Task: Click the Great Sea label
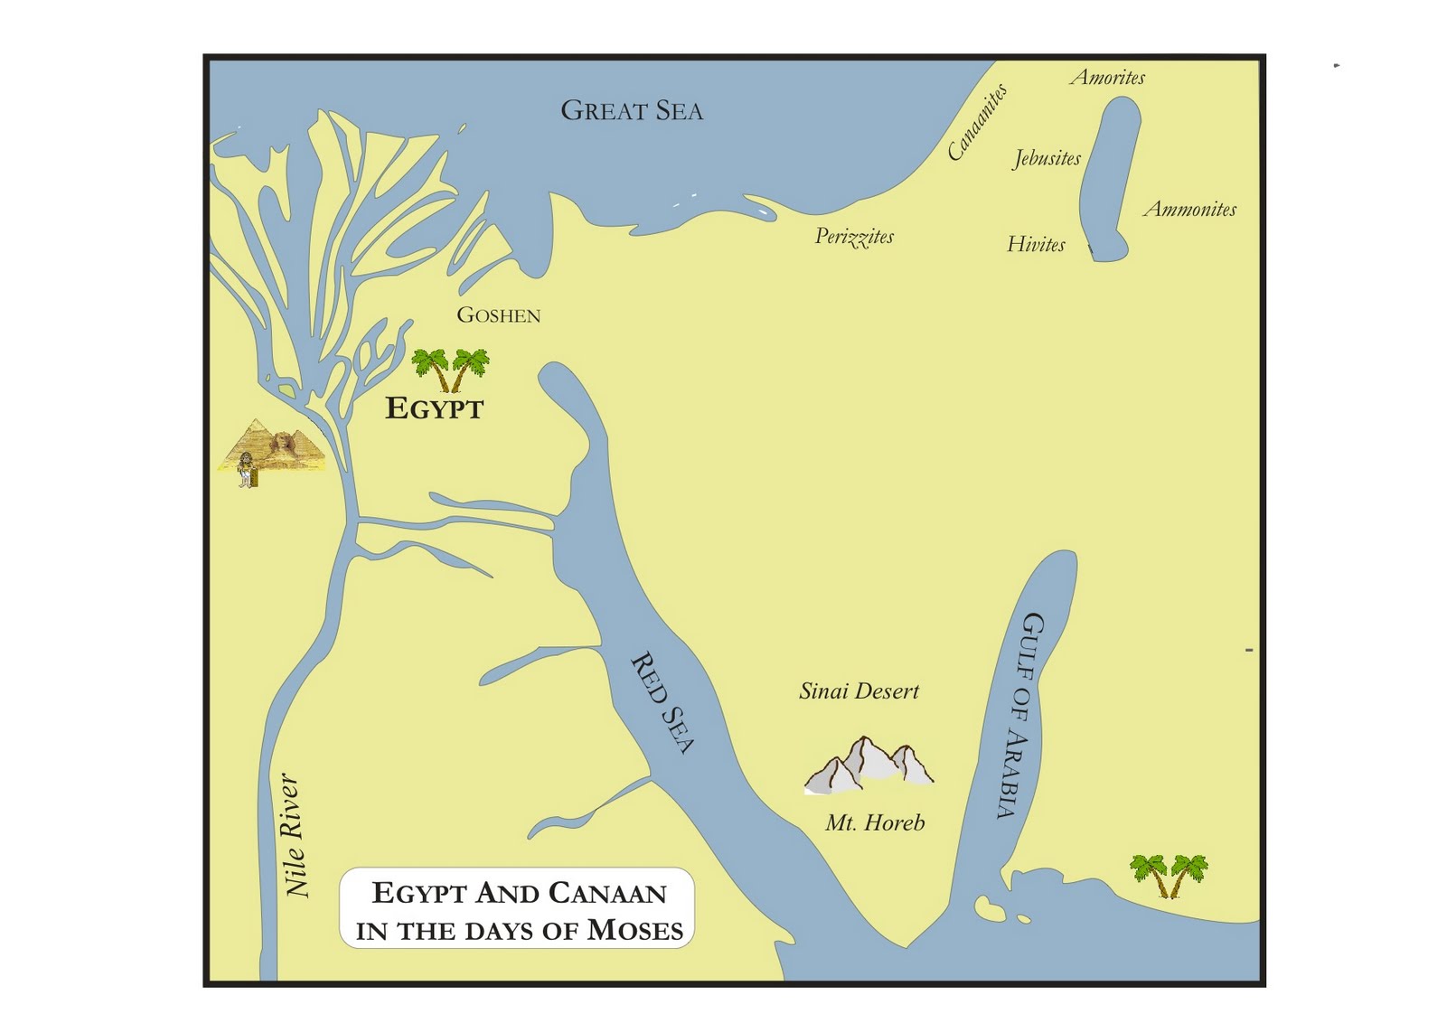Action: tap(631, 110)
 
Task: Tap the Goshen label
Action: tap(498, 315)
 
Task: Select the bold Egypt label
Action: tap(434, 408)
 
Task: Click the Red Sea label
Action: tap(662, 703)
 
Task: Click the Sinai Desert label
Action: tap(859, 691)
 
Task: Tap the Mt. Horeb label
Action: tap(875, 822)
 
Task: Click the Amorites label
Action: tap(1107, 78)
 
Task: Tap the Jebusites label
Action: tap(1047, 158)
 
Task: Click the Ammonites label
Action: tap(1189, 210)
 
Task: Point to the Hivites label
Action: tap(1036, 244)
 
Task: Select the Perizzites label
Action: tap(854, 237)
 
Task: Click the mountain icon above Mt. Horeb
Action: tap(869, 766)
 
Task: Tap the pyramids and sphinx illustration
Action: tap(271, 449)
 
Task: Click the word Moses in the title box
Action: tap(634, 930)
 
